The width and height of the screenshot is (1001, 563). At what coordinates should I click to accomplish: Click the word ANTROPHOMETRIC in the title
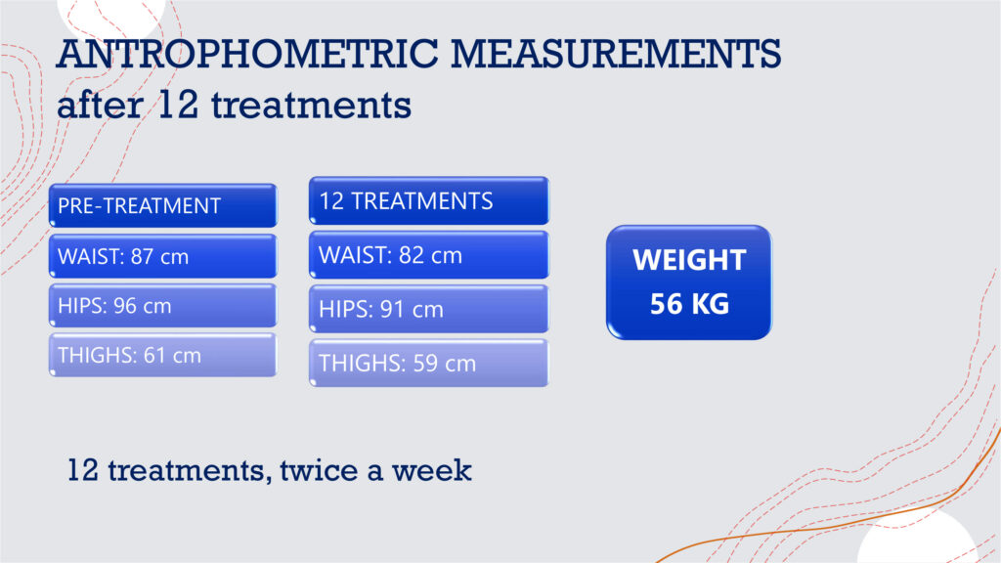click(247, 54)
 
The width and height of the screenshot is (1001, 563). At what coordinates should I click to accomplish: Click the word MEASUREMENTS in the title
click(616, 54)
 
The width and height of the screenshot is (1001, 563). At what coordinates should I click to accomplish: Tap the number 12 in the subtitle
click(178, 104)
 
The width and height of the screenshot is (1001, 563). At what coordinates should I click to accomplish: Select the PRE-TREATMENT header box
click(163, 205)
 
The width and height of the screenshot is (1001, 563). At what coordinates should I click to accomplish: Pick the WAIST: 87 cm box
click(163, 256)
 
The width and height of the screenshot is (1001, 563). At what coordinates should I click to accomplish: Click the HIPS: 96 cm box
click(163, 306)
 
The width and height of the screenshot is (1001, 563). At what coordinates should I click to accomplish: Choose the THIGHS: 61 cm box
click(163, 355)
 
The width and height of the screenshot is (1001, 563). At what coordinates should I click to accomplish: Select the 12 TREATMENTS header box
click(429, 201)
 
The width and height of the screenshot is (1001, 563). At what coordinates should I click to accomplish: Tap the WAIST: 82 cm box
click(429, 255)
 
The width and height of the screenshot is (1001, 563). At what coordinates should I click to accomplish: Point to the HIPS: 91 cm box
click(429, 309)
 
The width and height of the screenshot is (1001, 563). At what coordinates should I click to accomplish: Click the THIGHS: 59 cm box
click(429, 364)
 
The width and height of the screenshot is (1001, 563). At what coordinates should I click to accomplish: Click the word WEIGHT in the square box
click(689, 260)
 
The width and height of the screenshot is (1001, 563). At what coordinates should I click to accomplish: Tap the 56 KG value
click(689, 304)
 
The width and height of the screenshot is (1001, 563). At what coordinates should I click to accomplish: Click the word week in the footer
click(431, 470)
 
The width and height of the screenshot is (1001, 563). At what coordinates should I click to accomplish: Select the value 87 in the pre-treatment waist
click(142, 257)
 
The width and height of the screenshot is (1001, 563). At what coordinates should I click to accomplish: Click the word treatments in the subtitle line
click(311, 106)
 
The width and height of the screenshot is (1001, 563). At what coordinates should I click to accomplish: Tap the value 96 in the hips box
click(124, 306)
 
